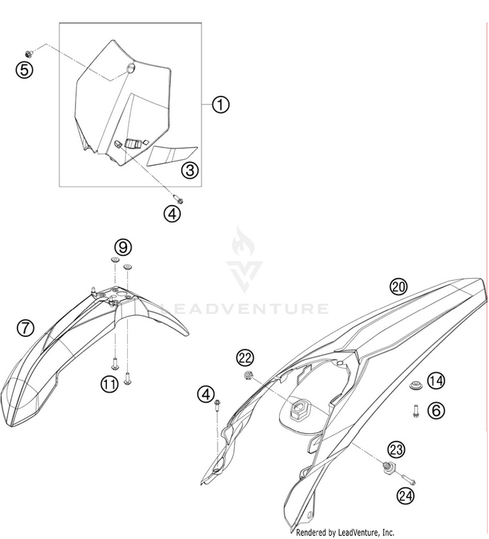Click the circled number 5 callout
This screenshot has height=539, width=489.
(24, 69)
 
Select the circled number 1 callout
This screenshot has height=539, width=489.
(220, 104)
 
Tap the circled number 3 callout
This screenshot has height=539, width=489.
(189, 171)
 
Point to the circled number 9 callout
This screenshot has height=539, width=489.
(123, 247)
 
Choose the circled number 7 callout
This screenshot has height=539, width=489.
(25, 328)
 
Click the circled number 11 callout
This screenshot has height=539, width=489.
(110, 384)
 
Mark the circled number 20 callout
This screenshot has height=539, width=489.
(398, 286)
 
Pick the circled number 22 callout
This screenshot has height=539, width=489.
(244, 357)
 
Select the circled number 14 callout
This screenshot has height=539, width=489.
(436, 380)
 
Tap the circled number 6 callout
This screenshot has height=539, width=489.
(436, 410)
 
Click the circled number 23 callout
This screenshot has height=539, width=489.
(396, 450)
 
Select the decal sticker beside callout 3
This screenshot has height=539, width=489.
(167, 156)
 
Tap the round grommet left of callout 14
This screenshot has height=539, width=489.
(413, 386)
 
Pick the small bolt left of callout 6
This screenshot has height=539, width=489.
(415, 410)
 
